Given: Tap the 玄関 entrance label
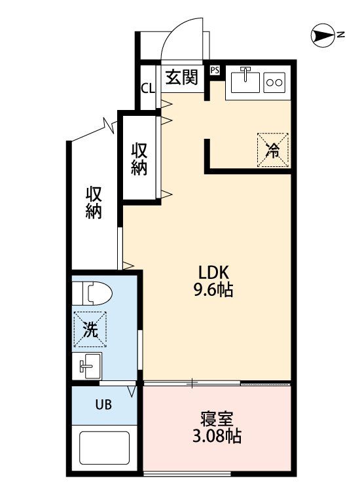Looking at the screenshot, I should (x=181, y=77).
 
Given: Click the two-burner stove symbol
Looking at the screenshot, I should (x=274, y=82).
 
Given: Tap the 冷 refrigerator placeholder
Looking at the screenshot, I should (x=272, y=150).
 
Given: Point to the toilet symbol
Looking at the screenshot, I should (x=95, y=293).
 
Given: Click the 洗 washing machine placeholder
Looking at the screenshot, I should (x=90, y=330).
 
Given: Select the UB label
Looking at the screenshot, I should (x=103, y=404).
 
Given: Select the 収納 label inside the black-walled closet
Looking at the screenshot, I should (x=139, y=158).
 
